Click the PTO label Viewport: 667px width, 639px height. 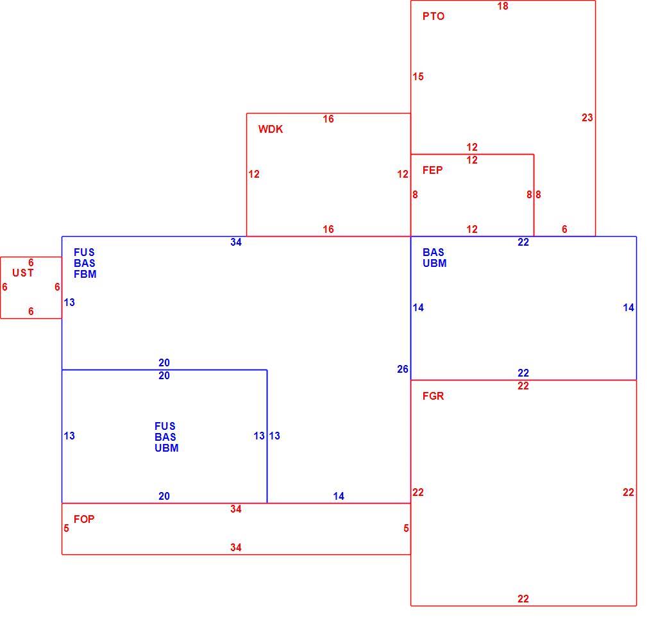[x=434, y=17]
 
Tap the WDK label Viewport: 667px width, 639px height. [x=271, y=130]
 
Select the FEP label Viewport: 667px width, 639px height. [x=433, y=170]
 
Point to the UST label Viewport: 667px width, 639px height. [x=23, y=273]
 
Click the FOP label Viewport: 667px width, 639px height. [x=84, y=519]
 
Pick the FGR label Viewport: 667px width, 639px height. [x=433, y=396]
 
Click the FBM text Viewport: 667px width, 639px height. [x=85, y=275]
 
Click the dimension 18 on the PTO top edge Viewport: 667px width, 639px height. [x=503, y=6]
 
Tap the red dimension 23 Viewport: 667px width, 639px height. [x=587, y=118]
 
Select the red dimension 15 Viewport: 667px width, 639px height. [x=418, y=76]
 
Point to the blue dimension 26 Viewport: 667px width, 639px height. [x=403, y=370]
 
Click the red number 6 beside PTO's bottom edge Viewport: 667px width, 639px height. [x=564, y=229]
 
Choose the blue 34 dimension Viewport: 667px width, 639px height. [x=236, y=242]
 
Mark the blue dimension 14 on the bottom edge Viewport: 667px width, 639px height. [x=339, y=496]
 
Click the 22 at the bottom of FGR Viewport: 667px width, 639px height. [x=523, y=599]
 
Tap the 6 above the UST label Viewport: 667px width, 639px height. [x=31, y=262]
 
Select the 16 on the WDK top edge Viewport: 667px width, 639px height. [x=328, y=119]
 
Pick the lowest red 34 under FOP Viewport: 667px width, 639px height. [x=236, y=547]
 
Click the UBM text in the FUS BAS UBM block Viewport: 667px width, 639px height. [x=167, y=448]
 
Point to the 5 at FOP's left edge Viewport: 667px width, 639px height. [x=66, y=528]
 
